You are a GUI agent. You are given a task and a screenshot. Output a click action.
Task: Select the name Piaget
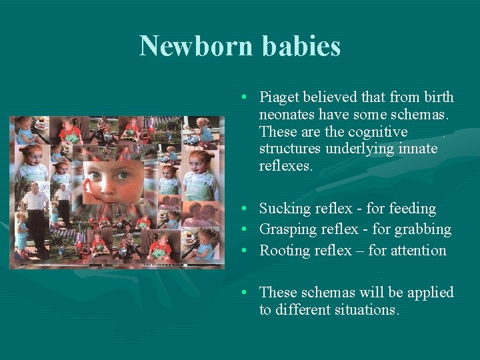coord(279,97)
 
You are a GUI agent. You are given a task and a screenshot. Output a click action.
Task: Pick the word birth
coord(437,97)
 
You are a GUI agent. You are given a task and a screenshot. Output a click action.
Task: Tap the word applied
coord(430,293)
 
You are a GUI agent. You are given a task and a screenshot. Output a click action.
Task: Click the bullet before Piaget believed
coord(246,97)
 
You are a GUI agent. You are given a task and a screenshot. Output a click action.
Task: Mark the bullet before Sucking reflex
coord(246,209)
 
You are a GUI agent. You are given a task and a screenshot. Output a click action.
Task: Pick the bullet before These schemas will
coord(246,293)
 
